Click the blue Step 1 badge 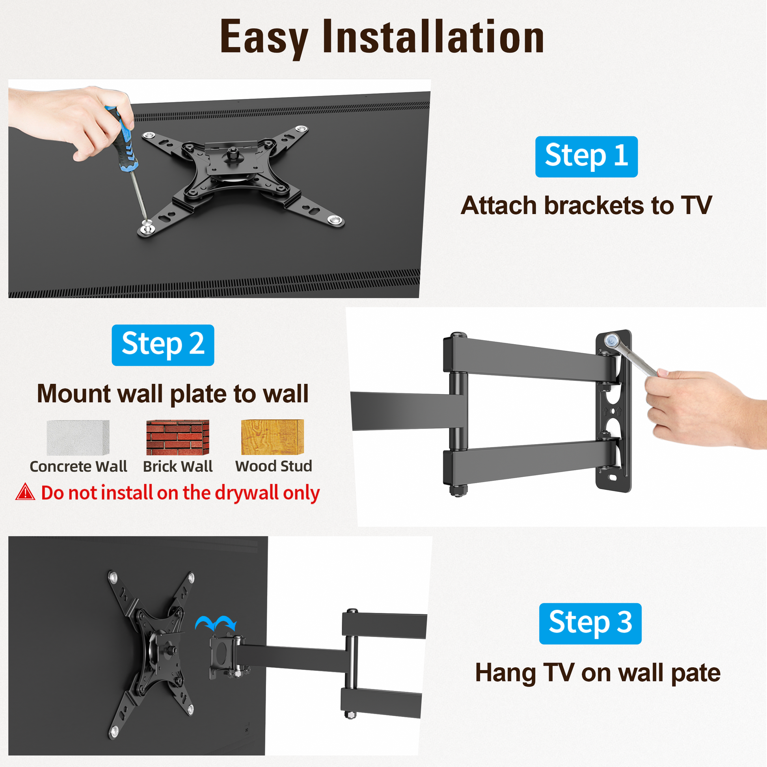(x=586, y=156)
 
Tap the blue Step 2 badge (x=163, y=345)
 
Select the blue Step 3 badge (x=590, y=623)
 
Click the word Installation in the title (x=433, y=37)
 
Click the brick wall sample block (x=177, y=437)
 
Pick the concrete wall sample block (x=78, y=437)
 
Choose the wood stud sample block (x=272, y=437)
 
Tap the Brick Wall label (x=177, y=467)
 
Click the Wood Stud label (x=274, y=466)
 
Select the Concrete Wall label (x=78, y=467)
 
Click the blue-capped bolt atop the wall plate (x=610, y=341)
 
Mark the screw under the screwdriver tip (x=147, y=228)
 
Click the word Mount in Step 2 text (x=74, y=394)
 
